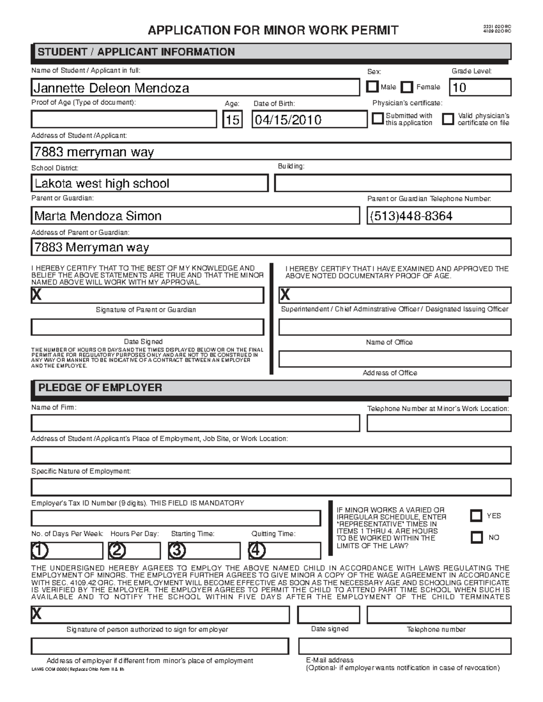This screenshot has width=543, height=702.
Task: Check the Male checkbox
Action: tap(372, 86)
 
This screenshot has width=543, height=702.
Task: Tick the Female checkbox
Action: tap(407, 87)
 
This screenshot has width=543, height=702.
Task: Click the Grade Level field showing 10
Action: tap(480, 87)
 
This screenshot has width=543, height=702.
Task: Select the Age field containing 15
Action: tap(232, 120)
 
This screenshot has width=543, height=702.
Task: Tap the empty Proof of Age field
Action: tap(124, 120)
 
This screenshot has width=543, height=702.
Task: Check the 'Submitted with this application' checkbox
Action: tap(377, 119)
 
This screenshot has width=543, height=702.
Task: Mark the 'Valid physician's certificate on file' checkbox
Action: tap(448, 119)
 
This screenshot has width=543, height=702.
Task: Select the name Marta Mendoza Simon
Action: tap(98, 216)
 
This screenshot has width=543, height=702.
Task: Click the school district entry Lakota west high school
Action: tap(102, 184)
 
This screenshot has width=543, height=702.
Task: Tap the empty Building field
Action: tap(392, 184)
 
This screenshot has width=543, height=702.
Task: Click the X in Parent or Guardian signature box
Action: tap(37, 295)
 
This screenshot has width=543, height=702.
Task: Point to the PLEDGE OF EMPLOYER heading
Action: tap(100, 388)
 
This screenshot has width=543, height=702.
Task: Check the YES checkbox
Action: tap(476, 515)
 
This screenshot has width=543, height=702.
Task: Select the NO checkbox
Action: tap(476, 537)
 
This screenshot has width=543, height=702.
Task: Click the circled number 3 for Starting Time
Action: tap(177, 551)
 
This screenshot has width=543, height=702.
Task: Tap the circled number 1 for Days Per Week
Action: tap(40, 551)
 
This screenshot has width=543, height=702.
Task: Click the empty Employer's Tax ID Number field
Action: tap(176, 518)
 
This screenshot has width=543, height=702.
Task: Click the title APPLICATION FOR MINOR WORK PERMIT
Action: tap(273, 31)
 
